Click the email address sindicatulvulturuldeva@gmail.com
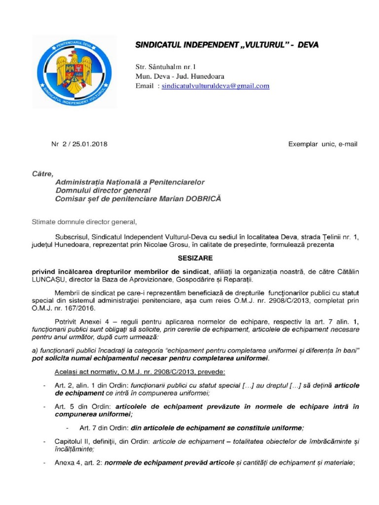216,86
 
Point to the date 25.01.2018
90,144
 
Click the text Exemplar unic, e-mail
322,144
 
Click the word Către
42,173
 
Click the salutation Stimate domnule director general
83,222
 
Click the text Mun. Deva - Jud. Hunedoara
180,76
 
